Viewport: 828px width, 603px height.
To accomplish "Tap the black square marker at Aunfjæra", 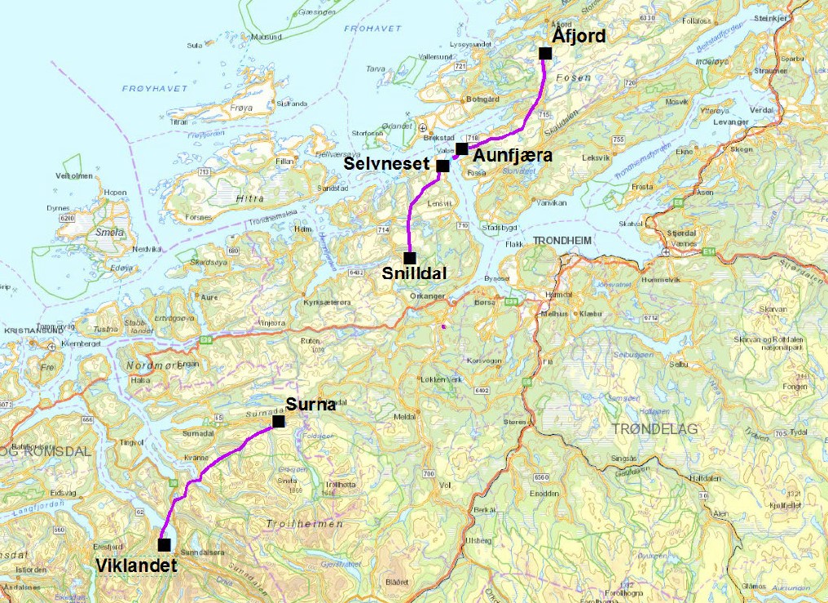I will tap(462, 149).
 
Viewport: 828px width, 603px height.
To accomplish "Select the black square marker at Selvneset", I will tap(443, 166).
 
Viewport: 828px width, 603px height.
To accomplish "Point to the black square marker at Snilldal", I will tap(410, 258).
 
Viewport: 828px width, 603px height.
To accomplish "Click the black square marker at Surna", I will tap(279, 421).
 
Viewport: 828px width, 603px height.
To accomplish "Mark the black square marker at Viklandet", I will tap(165, 544).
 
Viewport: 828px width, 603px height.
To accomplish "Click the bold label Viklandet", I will tap(136, 564).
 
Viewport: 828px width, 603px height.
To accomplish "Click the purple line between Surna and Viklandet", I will tap(214, 463).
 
